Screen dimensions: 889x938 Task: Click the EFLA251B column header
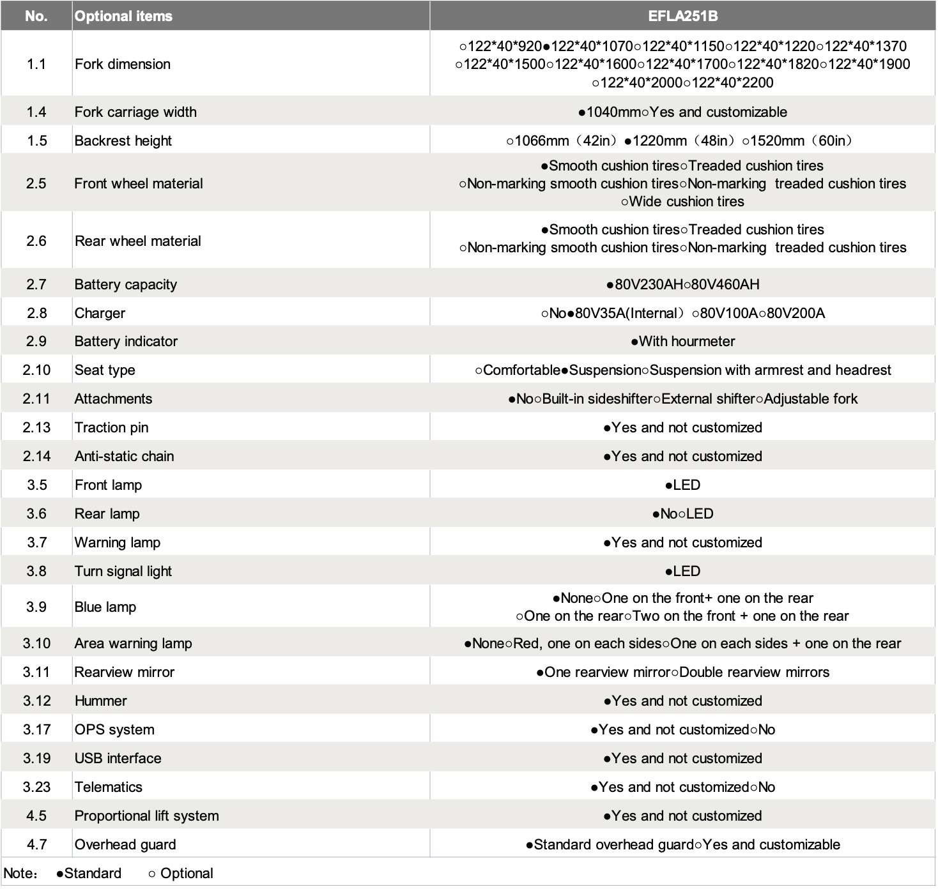[682, 16]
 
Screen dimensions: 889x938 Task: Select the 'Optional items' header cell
[123, 16]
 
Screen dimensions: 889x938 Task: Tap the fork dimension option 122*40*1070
[592, 46]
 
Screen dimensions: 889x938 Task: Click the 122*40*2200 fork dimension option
[732, 82]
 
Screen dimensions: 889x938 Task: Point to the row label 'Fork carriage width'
[135, 112]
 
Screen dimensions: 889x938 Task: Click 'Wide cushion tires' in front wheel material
[686, 202]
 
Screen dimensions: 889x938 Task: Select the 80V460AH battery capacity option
[725, 284]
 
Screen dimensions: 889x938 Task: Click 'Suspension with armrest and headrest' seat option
[770, 370]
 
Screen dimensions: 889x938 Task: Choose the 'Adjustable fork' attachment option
[810, 399]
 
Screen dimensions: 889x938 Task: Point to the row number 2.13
[36, 427]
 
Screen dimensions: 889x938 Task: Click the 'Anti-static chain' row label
[124, 456]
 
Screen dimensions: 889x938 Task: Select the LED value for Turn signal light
[686, 571]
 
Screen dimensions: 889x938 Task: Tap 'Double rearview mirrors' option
[754, 672]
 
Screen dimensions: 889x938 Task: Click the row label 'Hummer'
[100, 701]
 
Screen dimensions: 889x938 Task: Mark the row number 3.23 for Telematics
[36, 787]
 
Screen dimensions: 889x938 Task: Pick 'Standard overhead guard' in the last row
[613, 844]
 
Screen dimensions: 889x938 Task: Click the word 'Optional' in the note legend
[187, 873]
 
